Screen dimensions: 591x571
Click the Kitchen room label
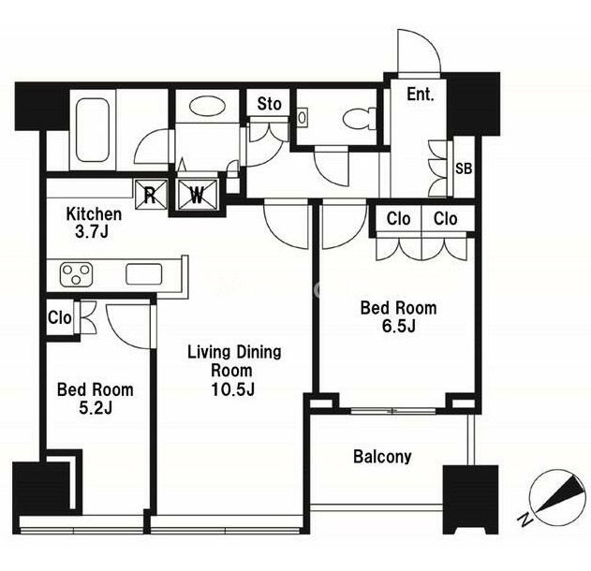point(94,223)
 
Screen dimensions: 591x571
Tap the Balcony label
point(382,457)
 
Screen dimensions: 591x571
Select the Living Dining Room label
point(234,371)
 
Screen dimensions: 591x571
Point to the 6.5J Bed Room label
point(399,316)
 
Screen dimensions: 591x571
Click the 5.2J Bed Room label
point(96,399)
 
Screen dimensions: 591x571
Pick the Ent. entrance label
point(421,95)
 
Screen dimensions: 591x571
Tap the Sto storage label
point(269,104)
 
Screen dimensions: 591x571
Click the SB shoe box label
point(464,168)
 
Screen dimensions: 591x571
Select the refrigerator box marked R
point(151,194)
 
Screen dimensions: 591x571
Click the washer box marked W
point(198,195)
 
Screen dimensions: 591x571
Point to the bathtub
point(93,130)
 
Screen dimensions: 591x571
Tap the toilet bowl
point(358,118)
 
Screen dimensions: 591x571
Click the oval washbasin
point(208,106)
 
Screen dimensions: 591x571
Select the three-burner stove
point(76,275)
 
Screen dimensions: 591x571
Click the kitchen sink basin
point(144,274)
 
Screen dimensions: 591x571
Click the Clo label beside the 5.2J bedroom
point(60,317)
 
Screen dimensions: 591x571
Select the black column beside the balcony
point(470,500)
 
